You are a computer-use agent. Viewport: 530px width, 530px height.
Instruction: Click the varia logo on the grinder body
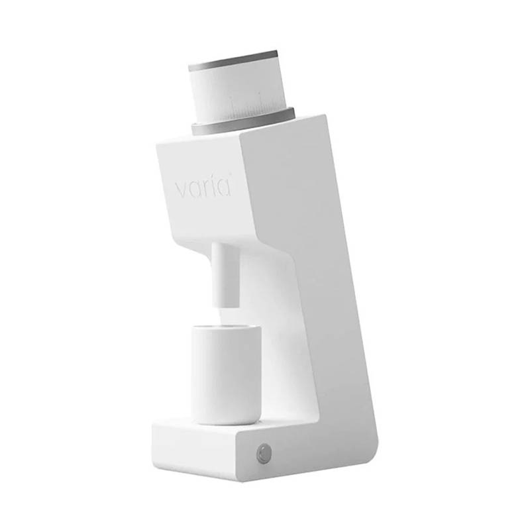coord(203,187)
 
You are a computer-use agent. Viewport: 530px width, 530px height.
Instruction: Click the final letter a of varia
coord(224,187)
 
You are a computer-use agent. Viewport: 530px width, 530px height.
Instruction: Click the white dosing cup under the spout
coord(225,374)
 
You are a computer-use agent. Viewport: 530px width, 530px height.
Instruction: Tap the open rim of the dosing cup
coord(226,327)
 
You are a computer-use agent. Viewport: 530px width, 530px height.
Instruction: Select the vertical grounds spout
coord(225,275)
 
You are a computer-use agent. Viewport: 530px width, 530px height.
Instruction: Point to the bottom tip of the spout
coord(226,306)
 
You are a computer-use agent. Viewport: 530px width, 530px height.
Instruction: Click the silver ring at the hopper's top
coord(233,61)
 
